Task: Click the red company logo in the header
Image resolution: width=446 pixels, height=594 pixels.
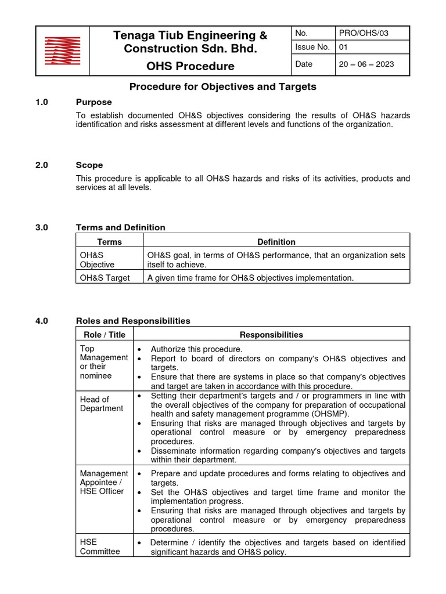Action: (x=63, y=50)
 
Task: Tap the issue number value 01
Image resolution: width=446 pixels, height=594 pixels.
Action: (x=343, y=48)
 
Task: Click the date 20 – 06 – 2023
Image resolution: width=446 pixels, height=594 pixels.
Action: (x=366, y=64)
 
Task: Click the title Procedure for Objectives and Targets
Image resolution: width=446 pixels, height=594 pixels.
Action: (x=222, y=86)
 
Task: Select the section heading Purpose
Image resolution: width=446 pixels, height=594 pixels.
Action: (x=93, y=102)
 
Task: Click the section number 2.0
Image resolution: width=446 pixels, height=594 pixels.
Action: (x=42, y=165)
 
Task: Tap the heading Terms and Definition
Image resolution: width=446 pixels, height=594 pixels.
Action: (x=121, y=227)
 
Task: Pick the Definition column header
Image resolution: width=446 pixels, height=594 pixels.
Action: (x=276, y=241)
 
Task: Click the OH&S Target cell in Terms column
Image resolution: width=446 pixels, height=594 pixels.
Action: (x=105, y=278)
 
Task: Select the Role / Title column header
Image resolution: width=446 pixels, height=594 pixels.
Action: (x=105, y=334)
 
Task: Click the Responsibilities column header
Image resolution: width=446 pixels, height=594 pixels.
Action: (x=271, y=334)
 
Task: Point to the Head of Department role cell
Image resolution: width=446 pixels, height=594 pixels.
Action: (x=102, y=404)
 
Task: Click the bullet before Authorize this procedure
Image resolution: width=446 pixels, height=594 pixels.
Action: (x=140, y=350)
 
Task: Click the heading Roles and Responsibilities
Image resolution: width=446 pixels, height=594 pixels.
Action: (x=133, y=321)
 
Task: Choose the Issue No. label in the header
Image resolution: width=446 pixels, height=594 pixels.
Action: (x=312, y=48)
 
